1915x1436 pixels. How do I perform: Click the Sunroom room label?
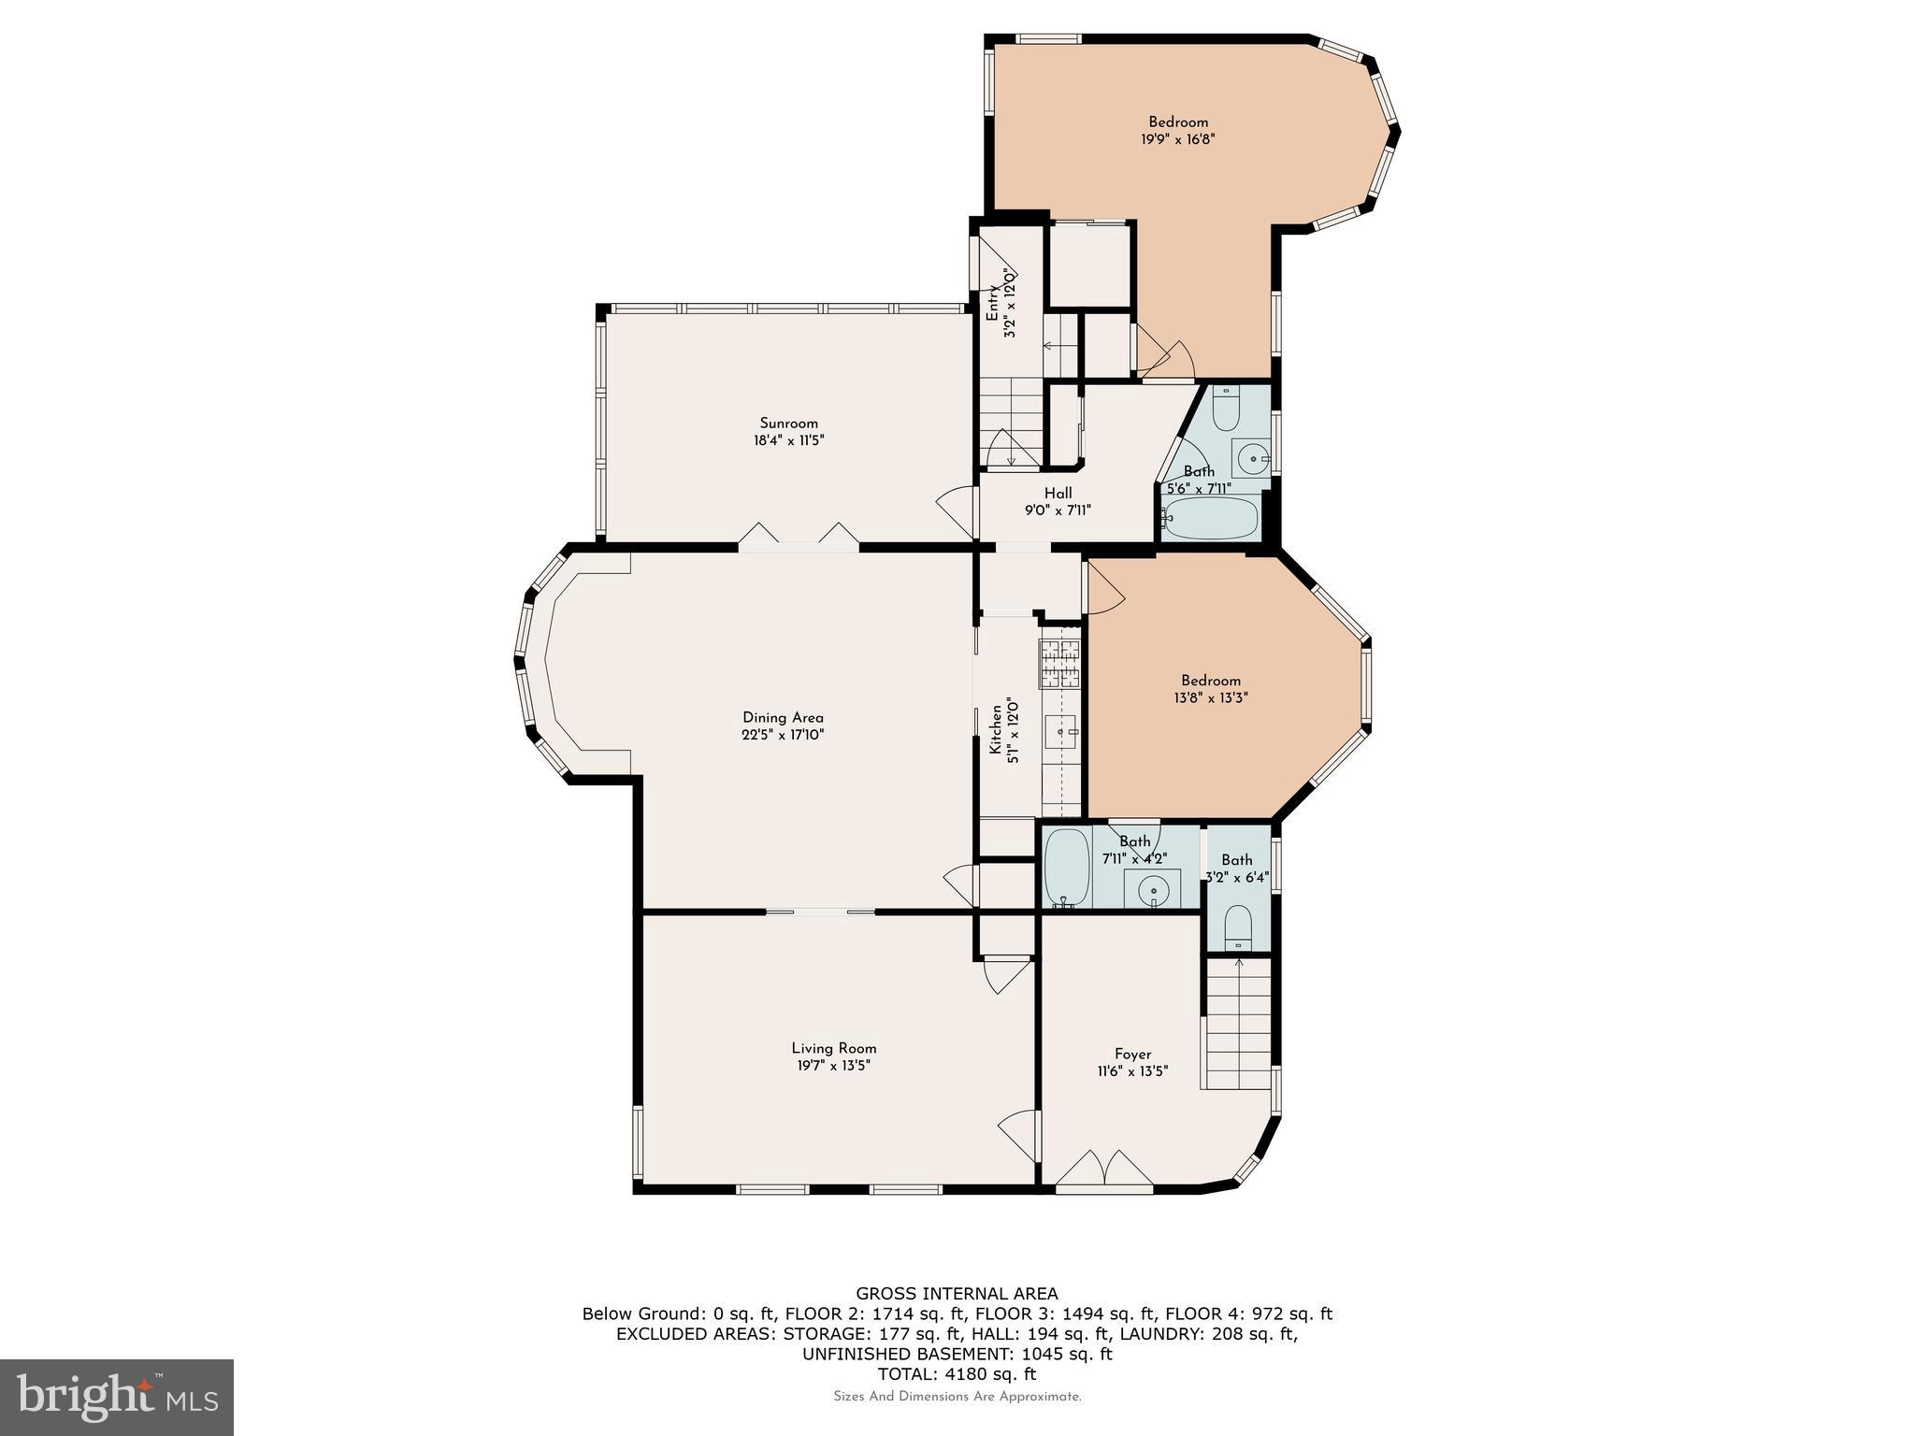click(x=788, y=424)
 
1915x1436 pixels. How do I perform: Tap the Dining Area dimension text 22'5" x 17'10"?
click(x=783, y=735)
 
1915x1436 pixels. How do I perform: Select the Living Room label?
click(x=833, y=1048)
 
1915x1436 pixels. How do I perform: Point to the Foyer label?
click(x=1132, y=1054)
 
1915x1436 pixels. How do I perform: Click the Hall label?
click(x=1058, y=493)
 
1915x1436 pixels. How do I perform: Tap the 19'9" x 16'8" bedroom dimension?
click(x=1177, y=139)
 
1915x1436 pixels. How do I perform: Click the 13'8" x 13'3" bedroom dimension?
click(x=1210, y=697)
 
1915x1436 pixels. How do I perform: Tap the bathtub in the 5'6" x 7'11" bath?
click(x=1213, y=518)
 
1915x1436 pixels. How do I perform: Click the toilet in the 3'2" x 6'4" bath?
click(x=1237, y=925)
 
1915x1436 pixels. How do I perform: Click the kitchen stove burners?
click(x=1060, y=663)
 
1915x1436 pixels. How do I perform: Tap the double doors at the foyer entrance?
click(x=1104, y=1168)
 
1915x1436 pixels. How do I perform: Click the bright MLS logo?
click(x=117, y=1397)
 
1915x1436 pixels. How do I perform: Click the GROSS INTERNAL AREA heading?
click(x=957, y=1294)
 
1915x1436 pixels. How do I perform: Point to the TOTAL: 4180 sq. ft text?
click(x=957, y=1373)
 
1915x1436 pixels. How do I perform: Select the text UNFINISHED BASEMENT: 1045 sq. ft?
click(x=957, y=1354)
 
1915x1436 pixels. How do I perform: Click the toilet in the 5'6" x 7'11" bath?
click(x=1226, y=409)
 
